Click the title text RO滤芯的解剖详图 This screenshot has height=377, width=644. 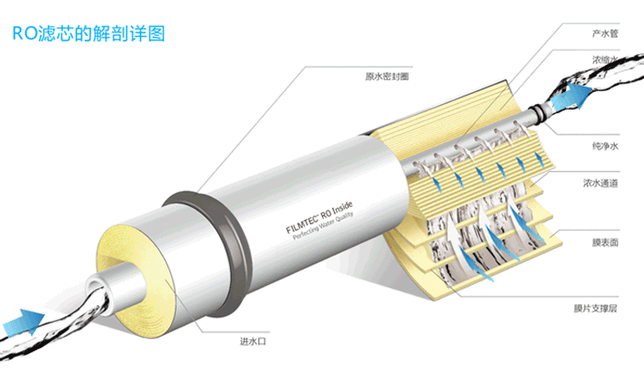point(88,33)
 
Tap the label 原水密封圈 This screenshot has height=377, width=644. point(387,76)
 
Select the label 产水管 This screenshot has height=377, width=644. point(605,33)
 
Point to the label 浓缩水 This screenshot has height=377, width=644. point(605,60)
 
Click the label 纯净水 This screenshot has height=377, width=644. point(605,146)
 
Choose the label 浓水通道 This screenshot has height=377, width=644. point(600,183)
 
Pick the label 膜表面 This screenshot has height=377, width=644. point(605,243)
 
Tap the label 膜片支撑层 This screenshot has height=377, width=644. point(596,308)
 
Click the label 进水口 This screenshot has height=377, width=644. point(253,341)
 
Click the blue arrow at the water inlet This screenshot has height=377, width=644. point(24,322)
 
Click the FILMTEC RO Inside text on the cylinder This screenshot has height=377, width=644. point(319,217)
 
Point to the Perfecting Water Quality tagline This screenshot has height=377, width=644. point(323,226)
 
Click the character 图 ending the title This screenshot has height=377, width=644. point(156,33)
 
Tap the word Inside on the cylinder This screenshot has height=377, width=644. point(342,209)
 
